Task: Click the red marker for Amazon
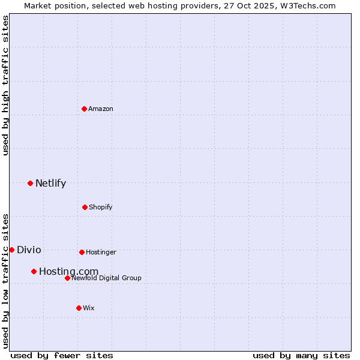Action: pos(84,109)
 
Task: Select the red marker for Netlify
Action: pos(30,183)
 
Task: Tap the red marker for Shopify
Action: pos(85,207)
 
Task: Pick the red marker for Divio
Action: pos(11,250)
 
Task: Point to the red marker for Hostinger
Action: pos(82,252)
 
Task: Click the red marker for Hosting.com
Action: pos(34,271)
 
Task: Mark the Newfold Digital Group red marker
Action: pos(67,278)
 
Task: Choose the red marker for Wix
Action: pos(79,308)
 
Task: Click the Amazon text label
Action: pos(101,109)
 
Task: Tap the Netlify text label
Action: pos(50,184)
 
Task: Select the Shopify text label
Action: pos(100,207)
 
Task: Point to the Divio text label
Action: pos(29,250)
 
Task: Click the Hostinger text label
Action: pos(101,252)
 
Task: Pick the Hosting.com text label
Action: pos(68,272)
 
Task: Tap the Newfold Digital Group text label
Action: pos(106,278)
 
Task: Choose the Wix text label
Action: pos(89,308)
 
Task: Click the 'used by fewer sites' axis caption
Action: pos(62,355)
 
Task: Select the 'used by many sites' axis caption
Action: pos(301,355)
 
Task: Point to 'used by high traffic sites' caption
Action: pos(5,85)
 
